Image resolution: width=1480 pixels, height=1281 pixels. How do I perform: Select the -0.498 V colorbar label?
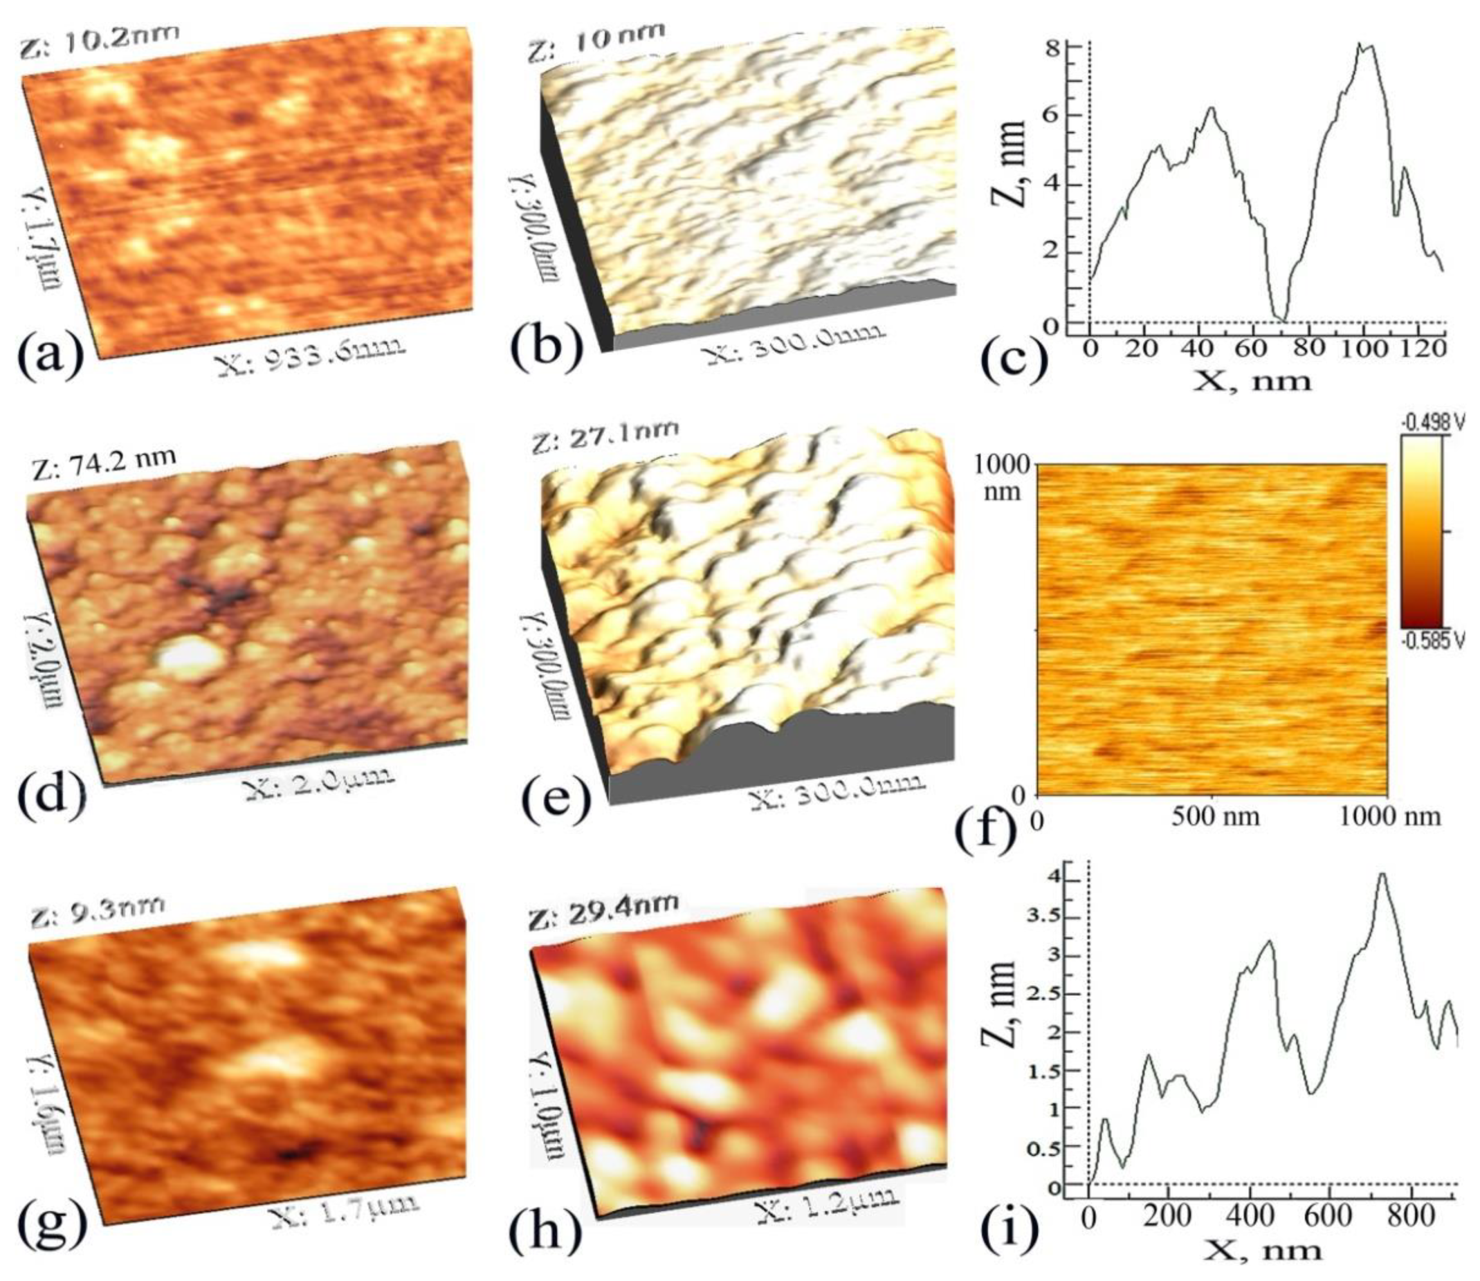tap(1426, 423)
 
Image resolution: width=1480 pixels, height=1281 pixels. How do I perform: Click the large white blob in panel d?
tap(188, 657)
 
